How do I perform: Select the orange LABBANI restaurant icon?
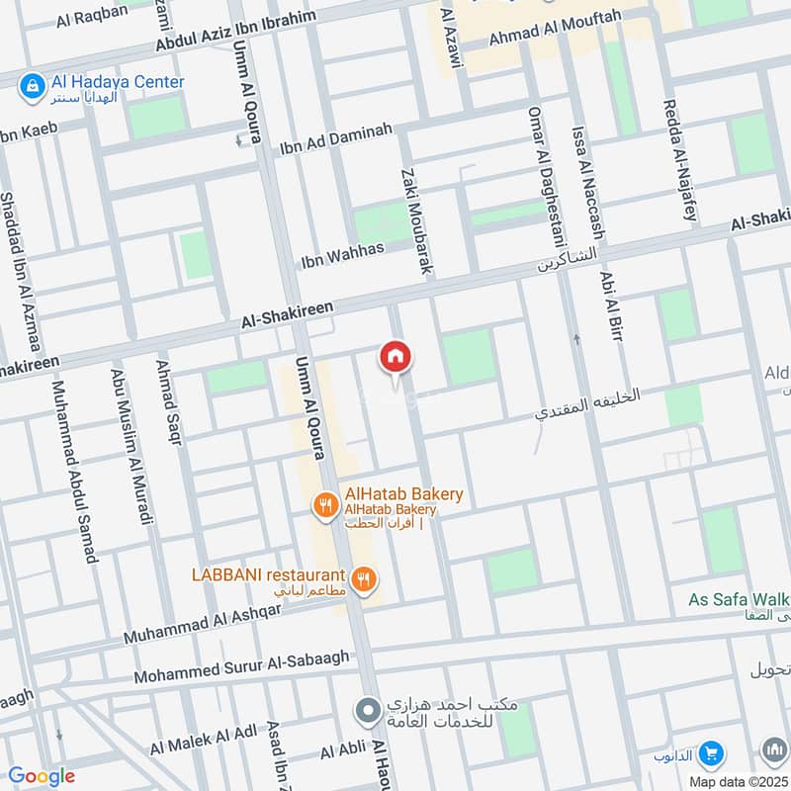pos(365,578)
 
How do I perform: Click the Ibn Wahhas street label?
pos(341,256)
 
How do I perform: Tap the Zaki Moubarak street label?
pos(417,220)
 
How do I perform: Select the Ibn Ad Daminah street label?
pos(336,139)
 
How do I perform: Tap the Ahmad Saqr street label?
pos(168,402)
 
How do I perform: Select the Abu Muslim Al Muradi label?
pos(132,447)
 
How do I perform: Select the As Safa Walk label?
pos(740,599)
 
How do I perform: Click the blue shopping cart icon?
pos(709,755)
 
